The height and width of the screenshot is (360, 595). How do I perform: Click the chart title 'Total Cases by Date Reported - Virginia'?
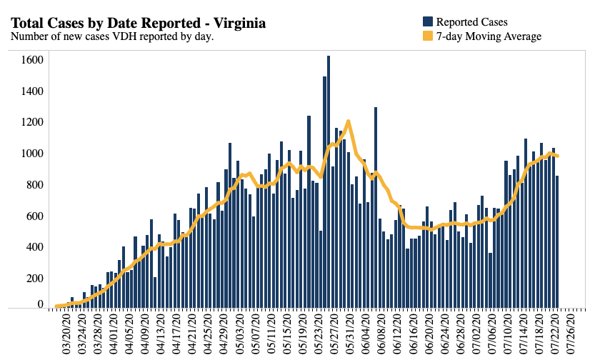139,24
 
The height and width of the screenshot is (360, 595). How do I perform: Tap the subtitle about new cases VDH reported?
112,36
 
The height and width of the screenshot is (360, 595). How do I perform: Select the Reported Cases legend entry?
471,22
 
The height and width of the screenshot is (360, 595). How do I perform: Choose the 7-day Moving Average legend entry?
489,36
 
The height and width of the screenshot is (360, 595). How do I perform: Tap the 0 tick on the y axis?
41,305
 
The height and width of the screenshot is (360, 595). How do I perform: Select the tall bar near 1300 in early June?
376,207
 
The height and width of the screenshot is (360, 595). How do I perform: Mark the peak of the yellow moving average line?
348,121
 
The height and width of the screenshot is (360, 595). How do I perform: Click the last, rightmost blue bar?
557,243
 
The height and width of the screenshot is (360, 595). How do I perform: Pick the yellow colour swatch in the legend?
428,36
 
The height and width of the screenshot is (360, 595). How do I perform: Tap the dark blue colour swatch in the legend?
428,22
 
